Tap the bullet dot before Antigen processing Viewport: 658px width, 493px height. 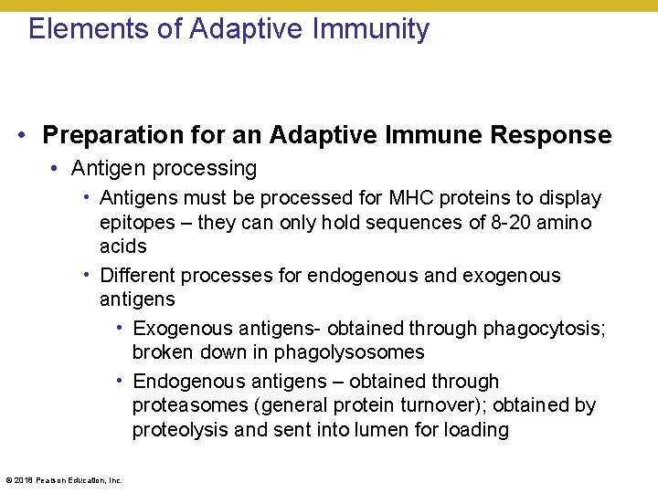(57, 169)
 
